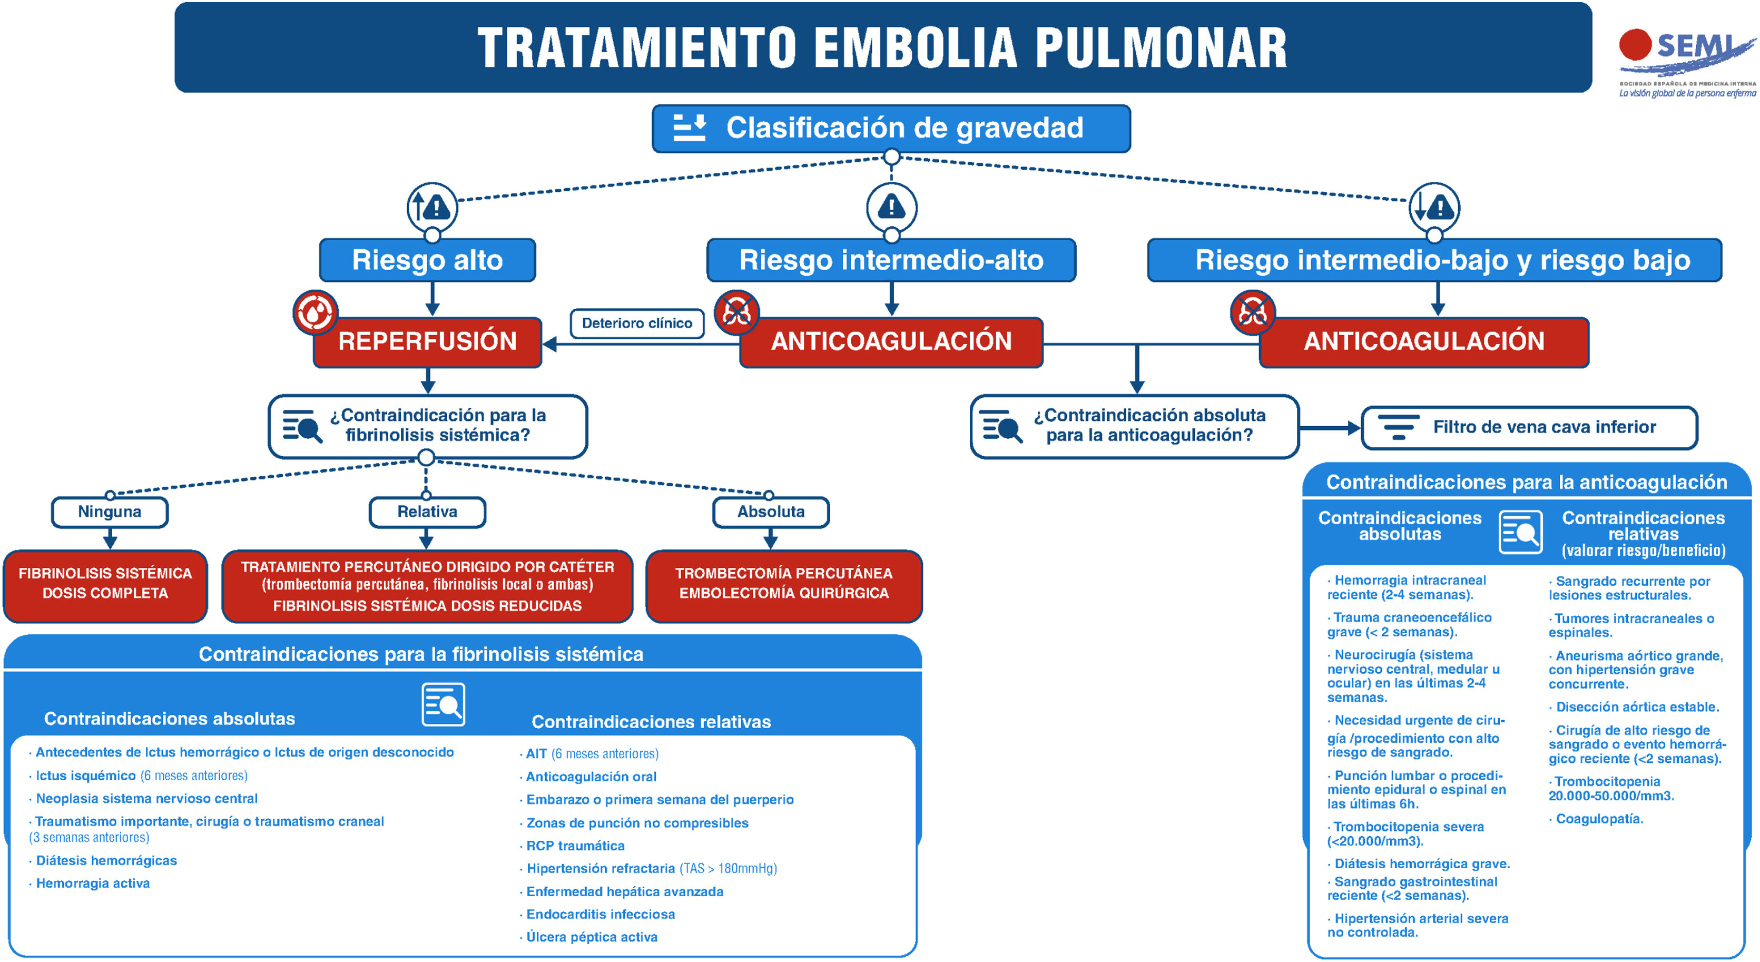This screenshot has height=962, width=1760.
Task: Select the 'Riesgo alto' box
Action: [427, 260]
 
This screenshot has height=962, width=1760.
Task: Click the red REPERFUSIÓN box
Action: [427, 341]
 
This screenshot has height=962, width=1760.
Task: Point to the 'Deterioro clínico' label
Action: [637, 323]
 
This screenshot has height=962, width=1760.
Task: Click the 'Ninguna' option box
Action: [110, 512]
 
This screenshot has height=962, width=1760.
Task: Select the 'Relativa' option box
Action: [427, 512]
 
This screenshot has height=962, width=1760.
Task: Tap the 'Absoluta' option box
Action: [771, 512]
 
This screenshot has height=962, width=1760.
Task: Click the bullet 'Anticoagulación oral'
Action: [591, 777]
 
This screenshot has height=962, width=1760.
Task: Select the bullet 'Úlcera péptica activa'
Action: [592, 937]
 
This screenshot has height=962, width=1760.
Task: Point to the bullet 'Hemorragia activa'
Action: [93, 884]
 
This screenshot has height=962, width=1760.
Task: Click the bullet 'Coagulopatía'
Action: [1599, 819]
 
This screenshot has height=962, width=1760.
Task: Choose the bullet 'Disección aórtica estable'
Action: [1637, 707]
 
